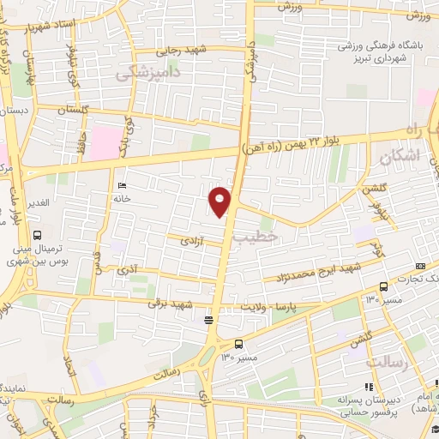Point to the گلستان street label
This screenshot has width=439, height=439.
point(74,111)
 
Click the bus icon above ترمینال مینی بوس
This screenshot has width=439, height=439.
point(37,235)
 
